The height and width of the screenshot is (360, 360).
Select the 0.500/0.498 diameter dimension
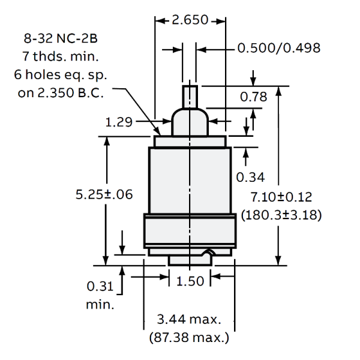(x=278, y=48)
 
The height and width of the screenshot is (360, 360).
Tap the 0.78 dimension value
(x=253, y=97)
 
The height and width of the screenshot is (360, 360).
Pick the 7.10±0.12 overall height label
(x=281, y=197)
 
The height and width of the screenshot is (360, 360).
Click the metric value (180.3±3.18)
(x=281, y=214)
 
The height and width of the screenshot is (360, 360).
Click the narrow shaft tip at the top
(x=190, y=96)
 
